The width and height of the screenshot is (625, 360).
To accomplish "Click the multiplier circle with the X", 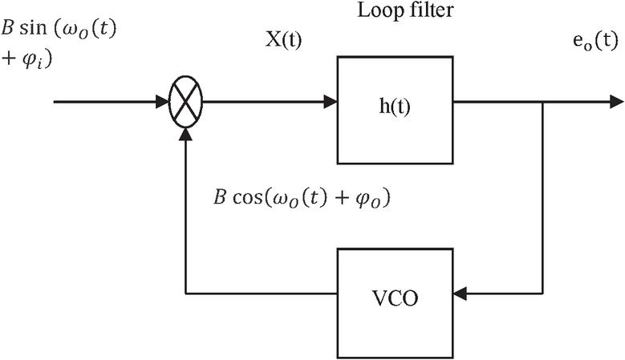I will (x=186, y=103).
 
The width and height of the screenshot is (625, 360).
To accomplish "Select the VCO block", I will (x=394, y=294).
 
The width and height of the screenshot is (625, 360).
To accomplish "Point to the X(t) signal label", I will (x=282, y=41).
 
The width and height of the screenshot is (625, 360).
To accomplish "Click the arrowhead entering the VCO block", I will (x=459, y=294).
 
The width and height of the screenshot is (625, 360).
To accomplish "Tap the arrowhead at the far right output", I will (x=616, y=103).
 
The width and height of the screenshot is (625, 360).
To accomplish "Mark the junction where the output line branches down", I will (x=545, y=103).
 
